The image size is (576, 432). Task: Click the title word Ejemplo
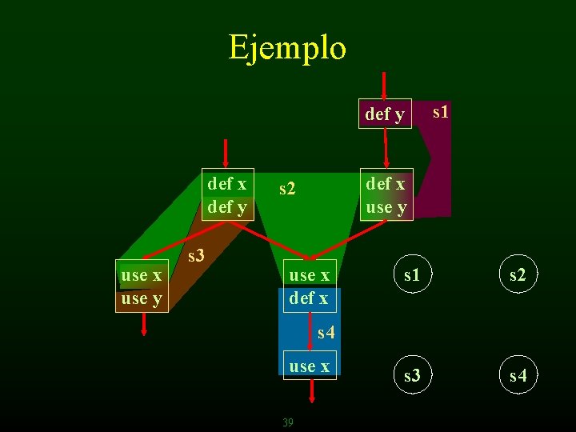287,47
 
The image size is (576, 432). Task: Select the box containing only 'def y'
385,114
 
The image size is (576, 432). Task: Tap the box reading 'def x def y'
227,194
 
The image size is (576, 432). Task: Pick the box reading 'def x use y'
386,194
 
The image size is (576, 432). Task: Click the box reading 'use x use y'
142,286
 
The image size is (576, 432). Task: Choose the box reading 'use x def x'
309,286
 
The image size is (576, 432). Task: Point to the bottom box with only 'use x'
309,366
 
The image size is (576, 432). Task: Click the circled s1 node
411,276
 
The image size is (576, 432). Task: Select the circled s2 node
518,276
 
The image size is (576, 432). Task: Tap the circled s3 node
411,375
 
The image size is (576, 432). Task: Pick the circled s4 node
518,375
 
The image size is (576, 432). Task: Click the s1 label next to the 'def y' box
440,111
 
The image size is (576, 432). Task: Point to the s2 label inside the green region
287,190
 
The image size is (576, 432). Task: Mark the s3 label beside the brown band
195,256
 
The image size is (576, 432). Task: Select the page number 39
288,422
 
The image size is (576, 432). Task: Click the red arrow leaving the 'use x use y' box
143,325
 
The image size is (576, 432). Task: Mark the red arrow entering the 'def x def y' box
226,153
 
